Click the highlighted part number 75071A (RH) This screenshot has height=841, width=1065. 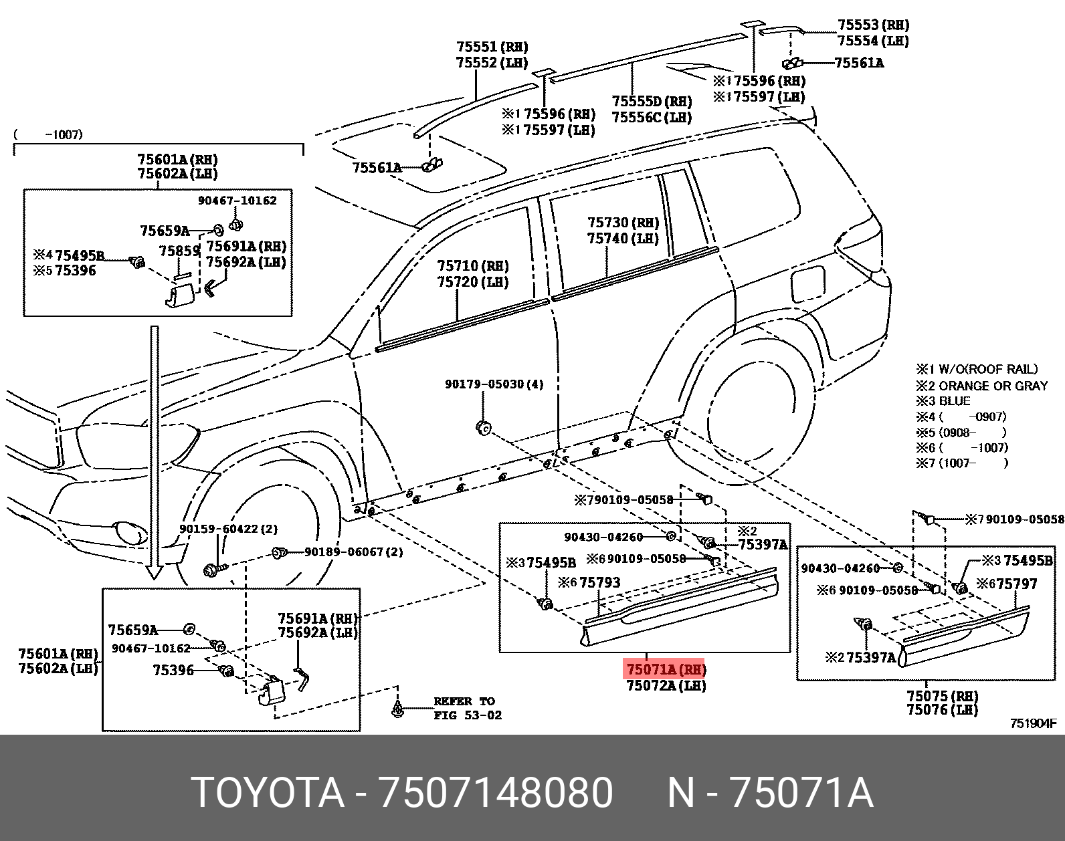click(x=665, y=669)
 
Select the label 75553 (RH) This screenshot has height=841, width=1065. click(x=873, y=25)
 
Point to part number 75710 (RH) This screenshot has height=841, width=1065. click(x=472, y=266)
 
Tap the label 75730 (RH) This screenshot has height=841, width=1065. click(x=623, y=223)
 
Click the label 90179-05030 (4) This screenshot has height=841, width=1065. click(x=494, y=384)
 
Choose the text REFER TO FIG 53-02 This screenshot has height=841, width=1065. click(x=467, y=708)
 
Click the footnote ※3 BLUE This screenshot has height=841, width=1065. click(x=943, y=401)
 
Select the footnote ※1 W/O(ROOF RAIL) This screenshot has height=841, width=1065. click(x=977, y=369)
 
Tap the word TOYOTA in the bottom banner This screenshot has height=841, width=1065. click(x=268, y=793)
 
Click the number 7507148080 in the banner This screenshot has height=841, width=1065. click(x=496, y=793)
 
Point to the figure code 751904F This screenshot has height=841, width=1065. click(x=1033, y=723)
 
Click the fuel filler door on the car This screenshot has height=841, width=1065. click(x=807, y=283)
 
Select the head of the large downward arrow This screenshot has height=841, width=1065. click(x=155, y=572)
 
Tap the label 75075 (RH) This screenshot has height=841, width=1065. click(x=942, y=696)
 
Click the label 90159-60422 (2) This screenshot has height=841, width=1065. click(x=228, y=529)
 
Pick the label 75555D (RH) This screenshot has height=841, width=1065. click(x=652, y=102)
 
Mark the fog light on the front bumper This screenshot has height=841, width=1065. click(x=130, y=533)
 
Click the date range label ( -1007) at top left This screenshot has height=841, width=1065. click(x=48, y=134)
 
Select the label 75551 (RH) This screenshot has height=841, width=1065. click(x=492, y=47)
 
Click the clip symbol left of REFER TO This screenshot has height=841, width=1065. click(x=398, y=709)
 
